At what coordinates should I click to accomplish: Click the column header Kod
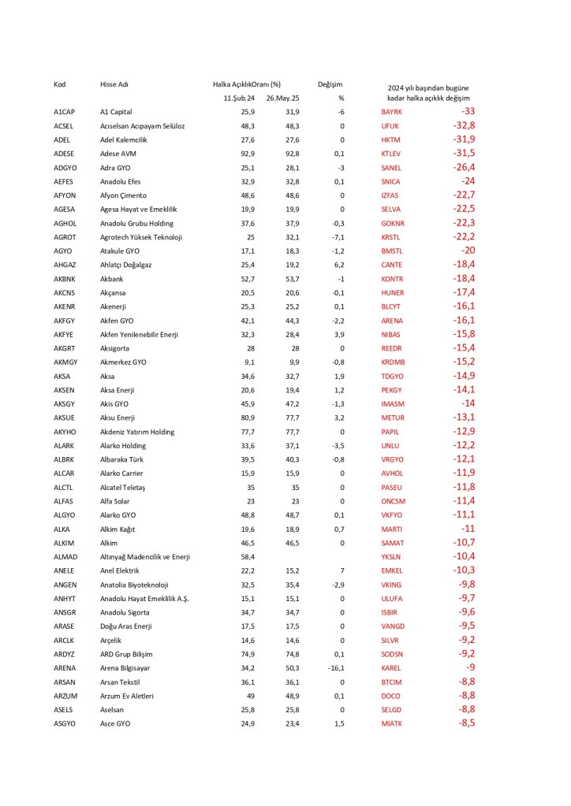59,84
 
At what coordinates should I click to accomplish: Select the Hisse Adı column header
115,84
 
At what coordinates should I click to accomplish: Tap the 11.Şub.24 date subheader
240,98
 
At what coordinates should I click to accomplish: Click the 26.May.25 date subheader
283,98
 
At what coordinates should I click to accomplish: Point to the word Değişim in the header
330,84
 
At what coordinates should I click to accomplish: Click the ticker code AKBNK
65,279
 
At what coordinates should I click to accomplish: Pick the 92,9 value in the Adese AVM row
248,154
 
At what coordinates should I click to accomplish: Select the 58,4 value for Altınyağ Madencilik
248,557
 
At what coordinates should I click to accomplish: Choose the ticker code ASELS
64,710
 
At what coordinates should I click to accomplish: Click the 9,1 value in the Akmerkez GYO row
250,362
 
